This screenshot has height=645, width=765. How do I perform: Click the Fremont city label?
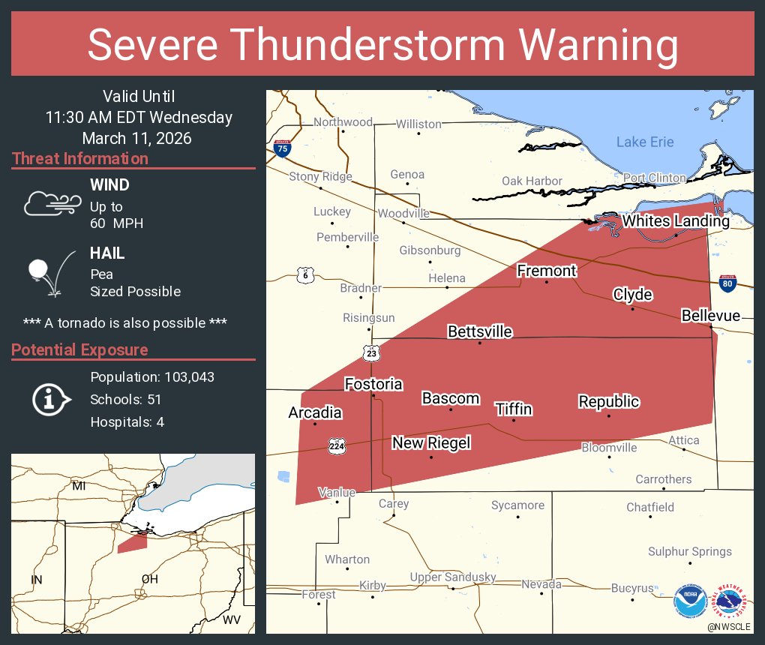pyautogui.click(x=547, y=271)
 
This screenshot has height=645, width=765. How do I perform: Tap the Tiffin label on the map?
pyautogui.click(x=514, y=409)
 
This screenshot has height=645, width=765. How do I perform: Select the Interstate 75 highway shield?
pyautogui.click(x=282, y=148)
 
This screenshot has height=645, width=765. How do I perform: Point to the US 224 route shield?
pyautogui.click(x=337, y=446)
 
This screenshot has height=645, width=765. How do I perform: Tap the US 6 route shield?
pyautogui.click(x=304, y=274)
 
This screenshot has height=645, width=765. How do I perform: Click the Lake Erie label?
pyautogui.click(x=645, y=142)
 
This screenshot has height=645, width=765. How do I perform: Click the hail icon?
pyautogui.click(x=47, y=271)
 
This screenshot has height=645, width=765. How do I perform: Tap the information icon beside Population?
pyautogui.click(x=49, y=399)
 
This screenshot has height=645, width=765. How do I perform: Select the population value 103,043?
pyautogui.click(x=184, y=376)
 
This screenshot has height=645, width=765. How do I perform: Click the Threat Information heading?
pyautogui.click(x=80, y=158)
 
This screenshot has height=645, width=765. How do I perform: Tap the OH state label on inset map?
pyautogui.click(x=150, y=579)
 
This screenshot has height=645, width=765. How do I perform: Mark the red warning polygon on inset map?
pyautogui.click(x=132, y=542)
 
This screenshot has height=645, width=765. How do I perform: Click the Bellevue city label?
pyautogui.click(x=710, y=316)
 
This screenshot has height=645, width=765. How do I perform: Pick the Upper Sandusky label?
pyautogui.click(x=453, y=577)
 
